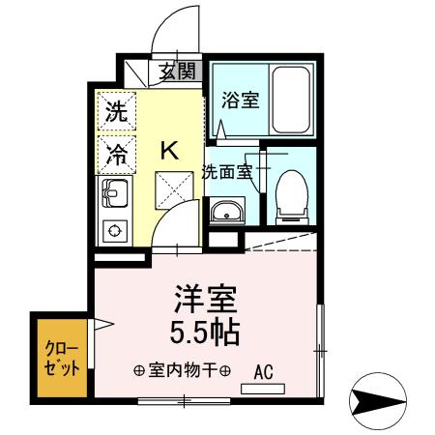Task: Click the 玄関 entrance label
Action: (x=177, y=71)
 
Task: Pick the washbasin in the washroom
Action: (x=227, y=211)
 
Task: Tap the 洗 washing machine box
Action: (x=115, y=109)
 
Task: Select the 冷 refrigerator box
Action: (x=115, y=152)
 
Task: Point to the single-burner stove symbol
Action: (x=115, y=232)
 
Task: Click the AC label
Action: (x=263, y=370)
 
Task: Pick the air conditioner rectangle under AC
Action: (x=263, y=390)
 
